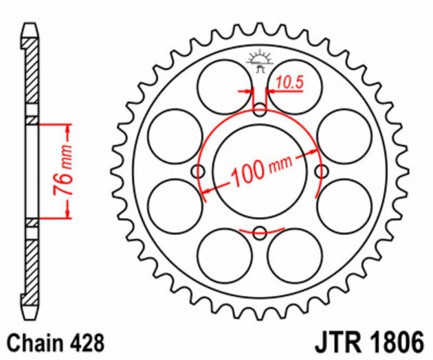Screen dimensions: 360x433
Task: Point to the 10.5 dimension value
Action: pyautogui.click(x=289, y=83)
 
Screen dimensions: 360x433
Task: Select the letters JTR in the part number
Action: pyautogui.click(x=342, y=341)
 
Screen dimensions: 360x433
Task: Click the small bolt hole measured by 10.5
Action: pyautogui.click(x=259, y=109)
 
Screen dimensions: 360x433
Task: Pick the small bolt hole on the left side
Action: pyautogui.click(x=199, y=170)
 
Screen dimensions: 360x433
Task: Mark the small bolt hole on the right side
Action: pyautogui.click(x=320, y=170)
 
